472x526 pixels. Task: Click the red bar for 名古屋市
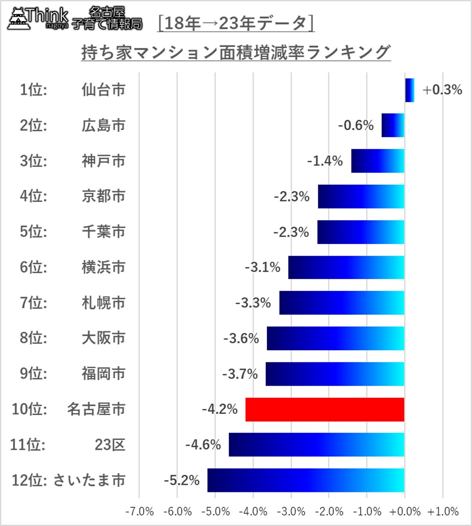pos(324,409)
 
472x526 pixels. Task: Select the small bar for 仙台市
pos(410,90)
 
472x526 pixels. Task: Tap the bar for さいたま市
pos(306,480)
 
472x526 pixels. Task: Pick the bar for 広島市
pos(393,125)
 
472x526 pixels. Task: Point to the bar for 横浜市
pos(346,267)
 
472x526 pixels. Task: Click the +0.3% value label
pos(442,90)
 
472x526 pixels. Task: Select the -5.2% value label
pos(182,480)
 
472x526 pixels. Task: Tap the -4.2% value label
pos(220,410)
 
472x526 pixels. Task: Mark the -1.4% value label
pos(325,161)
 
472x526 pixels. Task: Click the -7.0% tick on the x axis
pos(140,512)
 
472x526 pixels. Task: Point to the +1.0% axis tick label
pos(442,512)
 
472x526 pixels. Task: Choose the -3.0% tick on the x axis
pos(291,512)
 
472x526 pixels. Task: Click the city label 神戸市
pos(103,161)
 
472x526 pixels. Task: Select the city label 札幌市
pos(103,303)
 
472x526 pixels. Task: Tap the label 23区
pos(110,445)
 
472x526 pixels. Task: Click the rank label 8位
pos(34,339)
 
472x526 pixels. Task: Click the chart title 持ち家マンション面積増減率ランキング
pos(236,52)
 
